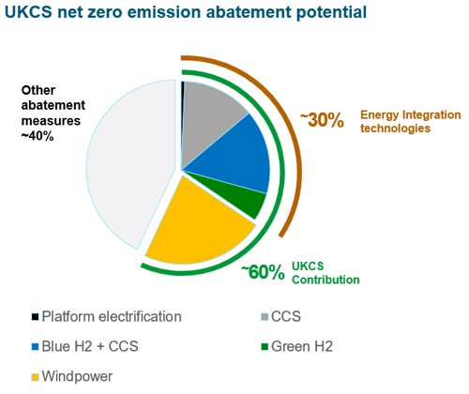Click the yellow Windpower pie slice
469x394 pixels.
click(x=200, y=225)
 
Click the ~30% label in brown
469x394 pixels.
click(x=322, y=120)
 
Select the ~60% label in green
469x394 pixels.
click(x=263, y=272)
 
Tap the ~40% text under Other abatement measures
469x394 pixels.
click(x=38, y=136)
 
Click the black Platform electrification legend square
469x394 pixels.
click(x=35, y=317)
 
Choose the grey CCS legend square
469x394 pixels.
click(x=265, y=317)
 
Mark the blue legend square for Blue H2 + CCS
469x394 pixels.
click(x=35, y=346)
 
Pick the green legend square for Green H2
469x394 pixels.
click(x=265, y=346)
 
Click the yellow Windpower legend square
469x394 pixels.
click(x=35, y=376)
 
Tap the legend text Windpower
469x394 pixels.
click(x=77, y=376)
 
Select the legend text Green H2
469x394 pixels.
click(x=302, y=346)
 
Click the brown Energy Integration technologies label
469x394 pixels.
click(x=411, y=121)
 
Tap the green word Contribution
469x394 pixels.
click(x=325, y=280)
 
